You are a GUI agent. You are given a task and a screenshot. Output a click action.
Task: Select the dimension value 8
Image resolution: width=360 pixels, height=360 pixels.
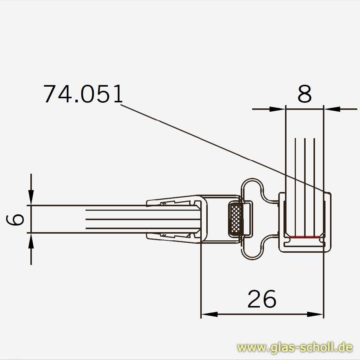point(304,94)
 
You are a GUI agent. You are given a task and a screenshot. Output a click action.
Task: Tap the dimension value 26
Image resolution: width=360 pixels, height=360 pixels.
point(262,299)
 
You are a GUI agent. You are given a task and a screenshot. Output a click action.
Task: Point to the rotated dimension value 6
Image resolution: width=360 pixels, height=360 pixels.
point(16,219)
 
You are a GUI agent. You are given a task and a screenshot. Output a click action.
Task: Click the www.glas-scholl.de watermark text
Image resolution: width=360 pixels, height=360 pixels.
point(295,348)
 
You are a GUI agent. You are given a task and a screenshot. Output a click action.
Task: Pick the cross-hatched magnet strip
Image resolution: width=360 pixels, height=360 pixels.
point(235,219)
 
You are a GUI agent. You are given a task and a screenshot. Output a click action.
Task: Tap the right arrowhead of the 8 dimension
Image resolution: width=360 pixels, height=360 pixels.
point(332,109)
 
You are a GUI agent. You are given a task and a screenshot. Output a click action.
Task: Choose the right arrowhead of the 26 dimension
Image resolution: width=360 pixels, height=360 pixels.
point(315,314)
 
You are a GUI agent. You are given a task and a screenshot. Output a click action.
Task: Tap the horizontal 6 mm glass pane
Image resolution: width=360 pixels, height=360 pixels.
point(112,219)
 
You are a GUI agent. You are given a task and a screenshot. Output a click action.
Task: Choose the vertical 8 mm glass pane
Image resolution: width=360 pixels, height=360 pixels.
point(304,169)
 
